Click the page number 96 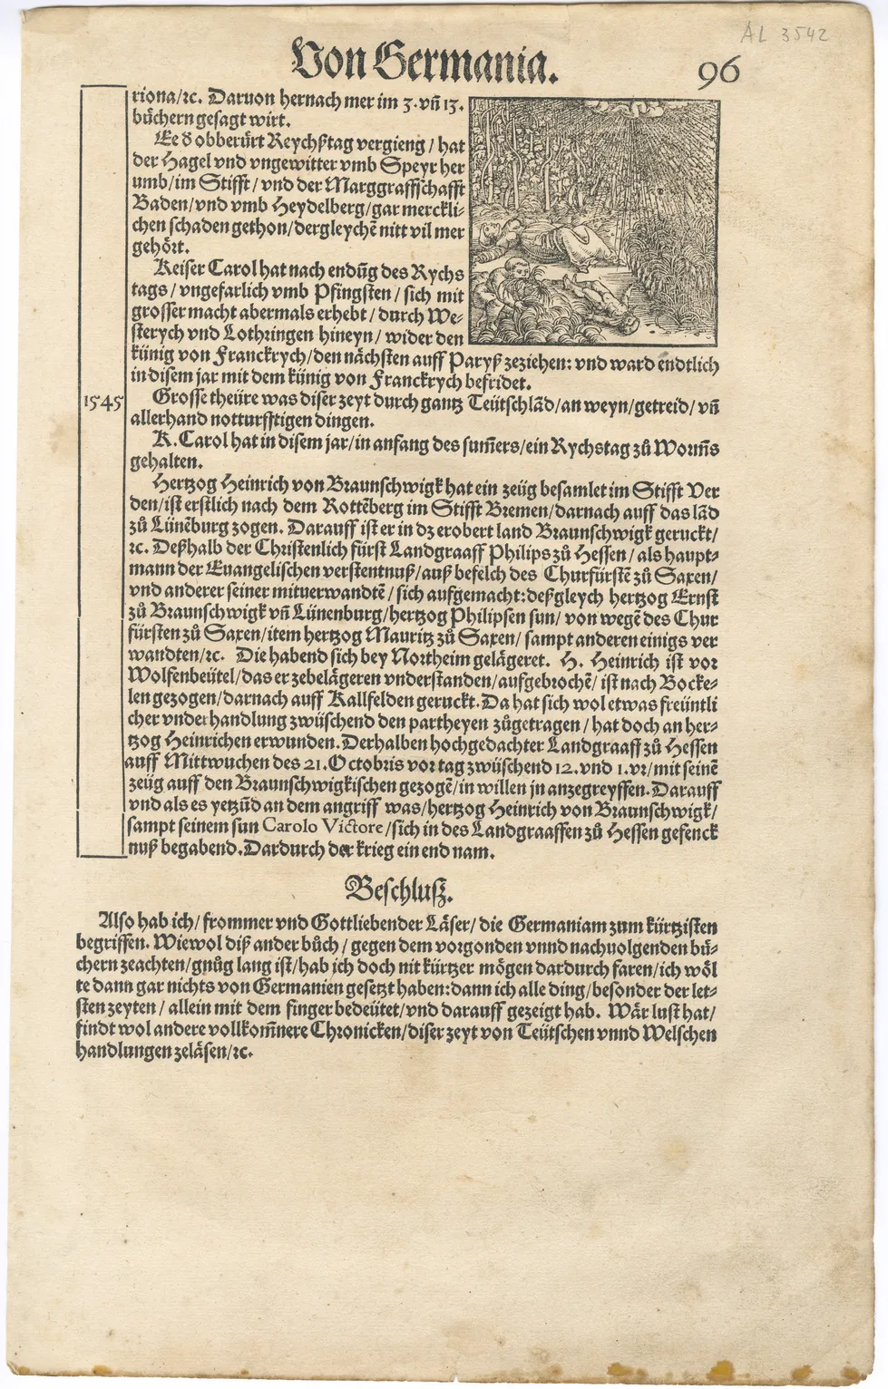click(719, 72)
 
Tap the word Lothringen click(237, 336)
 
